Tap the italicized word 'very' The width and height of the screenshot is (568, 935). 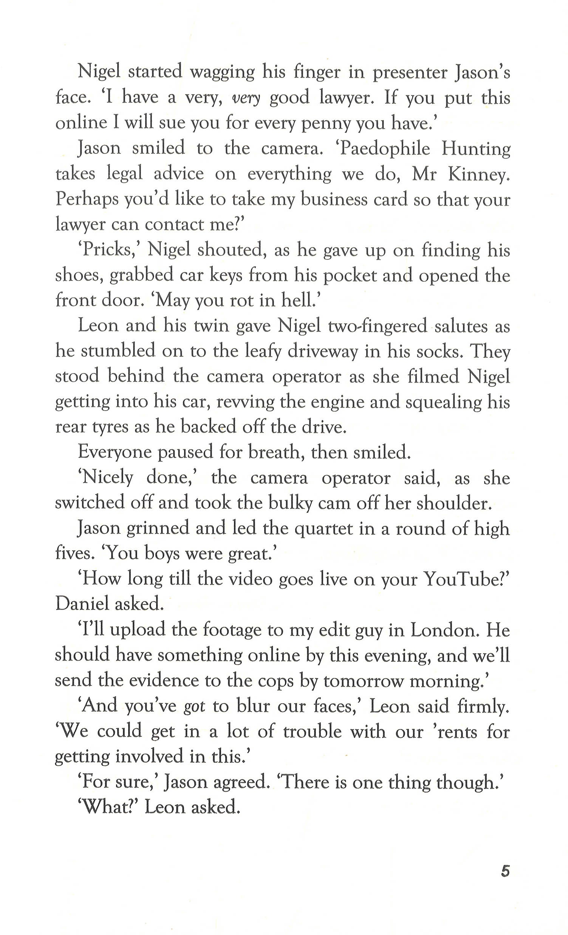tap(246, 98)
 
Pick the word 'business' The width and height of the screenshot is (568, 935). tap(334, 200)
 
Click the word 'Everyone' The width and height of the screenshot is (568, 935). tap(115, 452)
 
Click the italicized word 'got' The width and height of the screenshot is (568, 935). tap(194, 706)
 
